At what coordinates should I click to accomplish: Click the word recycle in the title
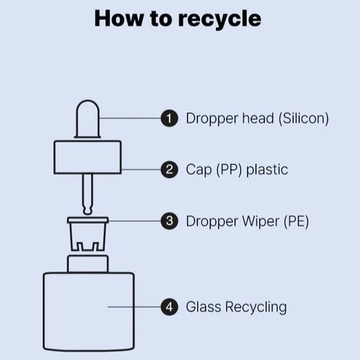click(x=219, y=19)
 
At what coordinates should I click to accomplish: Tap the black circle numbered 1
click(x=170, y=119)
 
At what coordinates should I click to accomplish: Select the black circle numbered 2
click(x=170, y=170)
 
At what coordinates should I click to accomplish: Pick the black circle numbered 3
click(x=170, y=221)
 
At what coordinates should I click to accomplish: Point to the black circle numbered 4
click(x=170, y=307)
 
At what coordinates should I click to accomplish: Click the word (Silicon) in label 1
click(x=303, y=119)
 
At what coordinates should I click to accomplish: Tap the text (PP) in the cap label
click(x=229, y=170)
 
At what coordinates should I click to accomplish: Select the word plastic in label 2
click(x=267, y=170)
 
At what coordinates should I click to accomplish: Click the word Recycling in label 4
click(x=256, y=308)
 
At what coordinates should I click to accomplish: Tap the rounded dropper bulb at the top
click(x=88, y=119)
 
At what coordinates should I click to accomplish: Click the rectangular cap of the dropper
click(x=88, y=157)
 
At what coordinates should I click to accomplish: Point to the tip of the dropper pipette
click(x=88, y=213)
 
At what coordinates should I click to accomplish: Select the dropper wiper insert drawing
click(x=88, y=234)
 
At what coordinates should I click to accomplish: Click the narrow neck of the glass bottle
click(x=88, y=264)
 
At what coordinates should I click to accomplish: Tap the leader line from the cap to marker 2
click(x=141, y=170)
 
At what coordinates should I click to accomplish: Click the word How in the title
click(x=119, y=19)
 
